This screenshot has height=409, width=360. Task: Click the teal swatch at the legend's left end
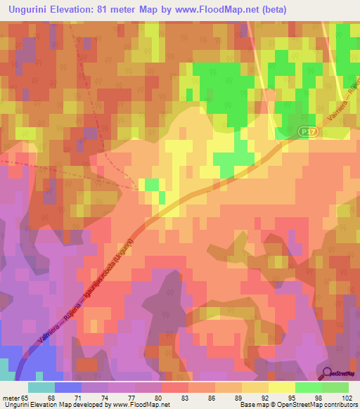pyautogui.click(x=41, y=387)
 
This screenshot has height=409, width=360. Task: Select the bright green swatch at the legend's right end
pyautogui.click(x=335, y=387)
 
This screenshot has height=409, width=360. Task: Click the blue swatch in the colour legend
pyautogui.click(x=67, y=387)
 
